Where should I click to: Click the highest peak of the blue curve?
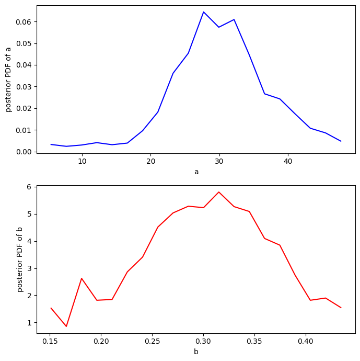click(x=204, y=12)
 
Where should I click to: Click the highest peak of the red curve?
click(x=219, y=192)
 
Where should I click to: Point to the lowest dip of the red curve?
click(x=66, y=326)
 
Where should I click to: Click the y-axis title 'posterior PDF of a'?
click(x=8, y=79)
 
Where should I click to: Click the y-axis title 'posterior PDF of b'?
click(x=20, y=260)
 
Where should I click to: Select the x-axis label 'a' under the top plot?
click(x=196, y=172)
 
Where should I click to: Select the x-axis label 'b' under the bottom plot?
click(x=196, y=352)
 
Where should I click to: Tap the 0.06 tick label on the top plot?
click(x=23, y=22)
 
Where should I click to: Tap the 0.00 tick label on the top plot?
click(x=23, y=152)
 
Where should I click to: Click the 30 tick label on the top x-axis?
click(x=219, y=162)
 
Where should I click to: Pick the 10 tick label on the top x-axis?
click(x=82, y=162)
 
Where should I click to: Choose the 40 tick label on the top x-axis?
click(x=288, y=162)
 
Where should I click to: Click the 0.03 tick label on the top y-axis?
click(x=23, y=87)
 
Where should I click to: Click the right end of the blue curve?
click(x=341, y=141)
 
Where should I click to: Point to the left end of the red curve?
click(x=51, y=308)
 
